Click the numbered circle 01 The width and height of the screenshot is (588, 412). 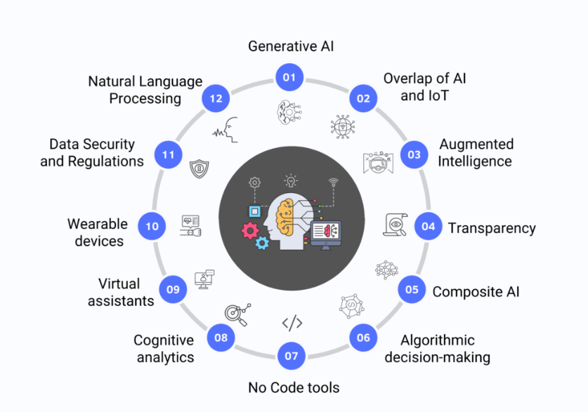289,77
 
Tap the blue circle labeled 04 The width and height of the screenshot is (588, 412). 429,226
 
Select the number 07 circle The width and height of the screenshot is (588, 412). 292,355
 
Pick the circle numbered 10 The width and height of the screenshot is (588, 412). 152,226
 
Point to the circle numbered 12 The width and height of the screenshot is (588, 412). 216,98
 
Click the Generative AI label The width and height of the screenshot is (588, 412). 291,46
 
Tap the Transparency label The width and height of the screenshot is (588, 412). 492,228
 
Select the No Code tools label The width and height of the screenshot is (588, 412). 294,387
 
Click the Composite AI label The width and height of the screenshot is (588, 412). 476,292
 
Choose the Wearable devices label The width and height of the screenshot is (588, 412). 98,232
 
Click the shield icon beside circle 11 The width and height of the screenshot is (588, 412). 199,169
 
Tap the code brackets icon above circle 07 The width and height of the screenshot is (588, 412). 292,323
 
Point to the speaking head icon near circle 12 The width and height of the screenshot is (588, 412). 226,130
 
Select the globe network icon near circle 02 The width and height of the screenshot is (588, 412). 343,126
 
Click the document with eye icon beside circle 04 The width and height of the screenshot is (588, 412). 396,225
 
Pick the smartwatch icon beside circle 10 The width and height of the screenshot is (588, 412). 190,226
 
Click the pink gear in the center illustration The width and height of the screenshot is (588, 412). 250,231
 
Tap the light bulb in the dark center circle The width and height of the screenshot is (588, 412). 291,180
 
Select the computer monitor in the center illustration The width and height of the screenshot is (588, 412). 326,235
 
